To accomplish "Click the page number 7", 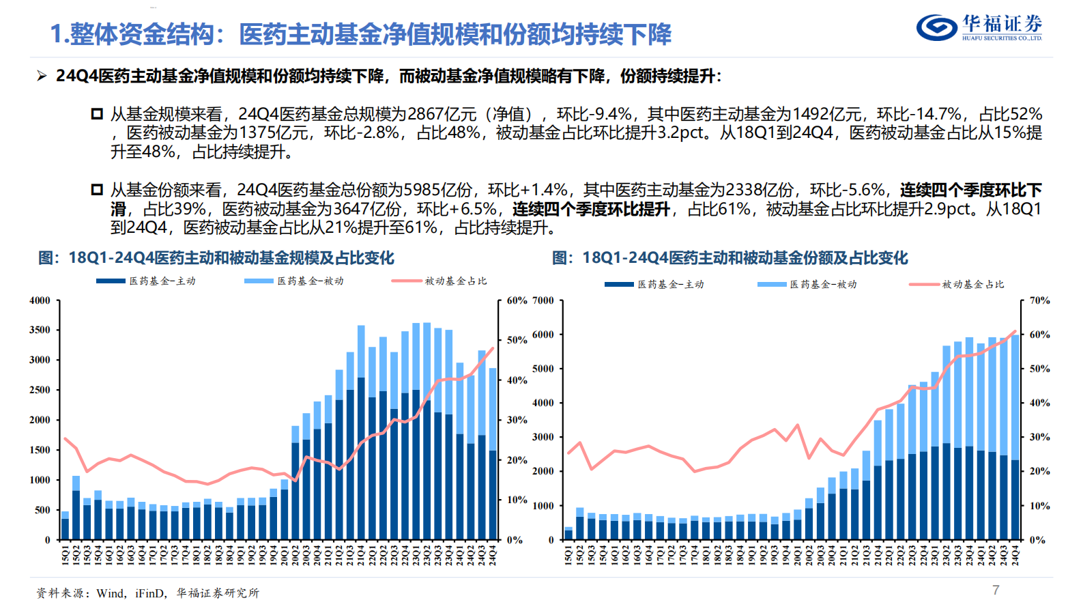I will (x=996, y=590).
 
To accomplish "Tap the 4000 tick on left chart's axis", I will (x=40, y=300).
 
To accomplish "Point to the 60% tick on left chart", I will (x=517, y=300).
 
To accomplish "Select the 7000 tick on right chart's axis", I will (x=543, y=300).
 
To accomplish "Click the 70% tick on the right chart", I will (x=1039, y=300).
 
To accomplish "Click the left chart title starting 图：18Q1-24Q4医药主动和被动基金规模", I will (x=216, y=258).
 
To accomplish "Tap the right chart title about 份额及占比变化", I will (x=730, y=258).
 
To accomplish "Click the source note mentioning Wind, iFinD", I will (x=147, y=593).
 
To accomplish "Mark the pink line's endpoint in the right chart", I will (x=1015, y=331).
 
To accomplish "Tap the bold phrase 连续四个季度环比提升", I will (x=591, y=209).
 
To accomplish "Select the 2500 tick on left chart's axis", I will (x=40, y=390).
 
